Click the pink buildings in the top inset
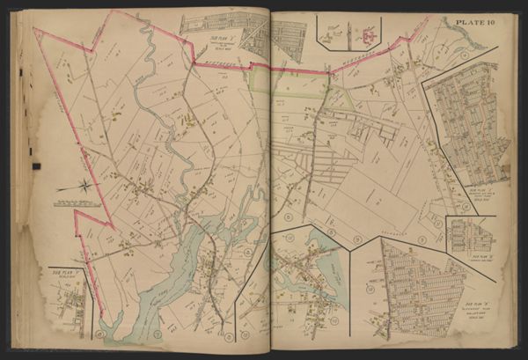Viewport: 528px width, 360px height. [365, 35]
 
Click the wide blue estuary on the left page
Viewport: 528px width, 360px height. [158, 282]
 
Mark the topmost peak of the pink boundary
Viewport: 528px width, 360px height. [113, 12]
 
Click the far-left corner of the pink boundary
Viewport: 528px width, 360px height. [36, 29]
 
